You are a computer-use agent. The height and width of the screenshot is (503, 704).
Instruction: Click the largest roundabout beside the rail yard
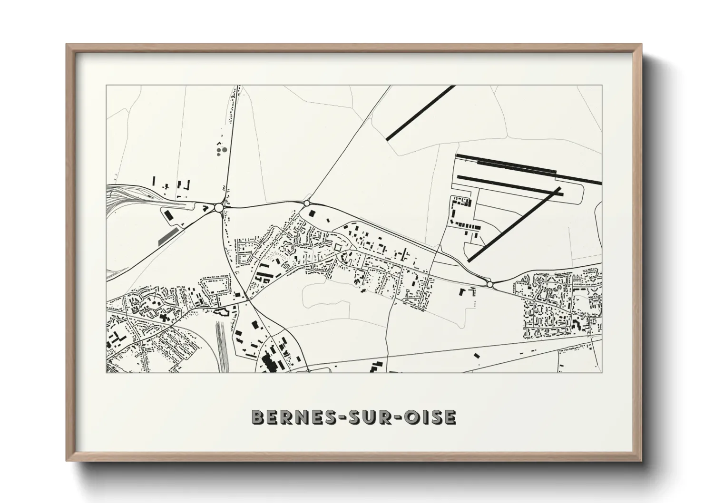click(x=219, y=207)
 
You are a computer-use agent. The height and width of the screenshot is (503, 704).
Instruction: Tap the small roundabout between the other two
click(x=307, y=203)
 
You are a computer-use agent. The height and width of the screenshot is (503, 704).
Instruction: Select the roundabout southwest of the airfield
click(x=489, y=284)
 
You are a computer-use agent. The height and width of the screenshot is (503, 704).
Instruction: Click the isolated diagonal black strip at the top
click(x=420, y=113)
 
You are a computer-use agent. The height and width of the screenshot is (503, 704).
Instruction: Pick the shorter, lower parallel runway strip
click(x=509, y=184)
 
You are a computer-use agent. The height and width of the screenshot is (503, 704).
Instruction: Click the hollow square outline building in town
click(x=337, y=247)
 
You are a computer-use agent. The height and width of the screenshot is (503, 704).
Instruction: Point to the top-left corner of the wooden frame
click(x=67, y=45)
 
